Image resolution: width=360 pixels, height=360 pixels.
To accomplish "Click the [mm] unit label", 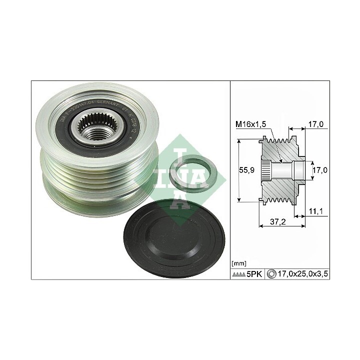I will [x=239, y=262].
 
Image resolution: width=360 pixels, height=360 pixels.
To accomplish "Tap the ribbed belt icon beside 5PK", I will [x=239, y=274].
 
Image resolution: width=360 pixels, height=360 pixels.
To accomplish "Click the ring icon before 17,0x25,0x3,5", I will [x=271, y=274].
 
